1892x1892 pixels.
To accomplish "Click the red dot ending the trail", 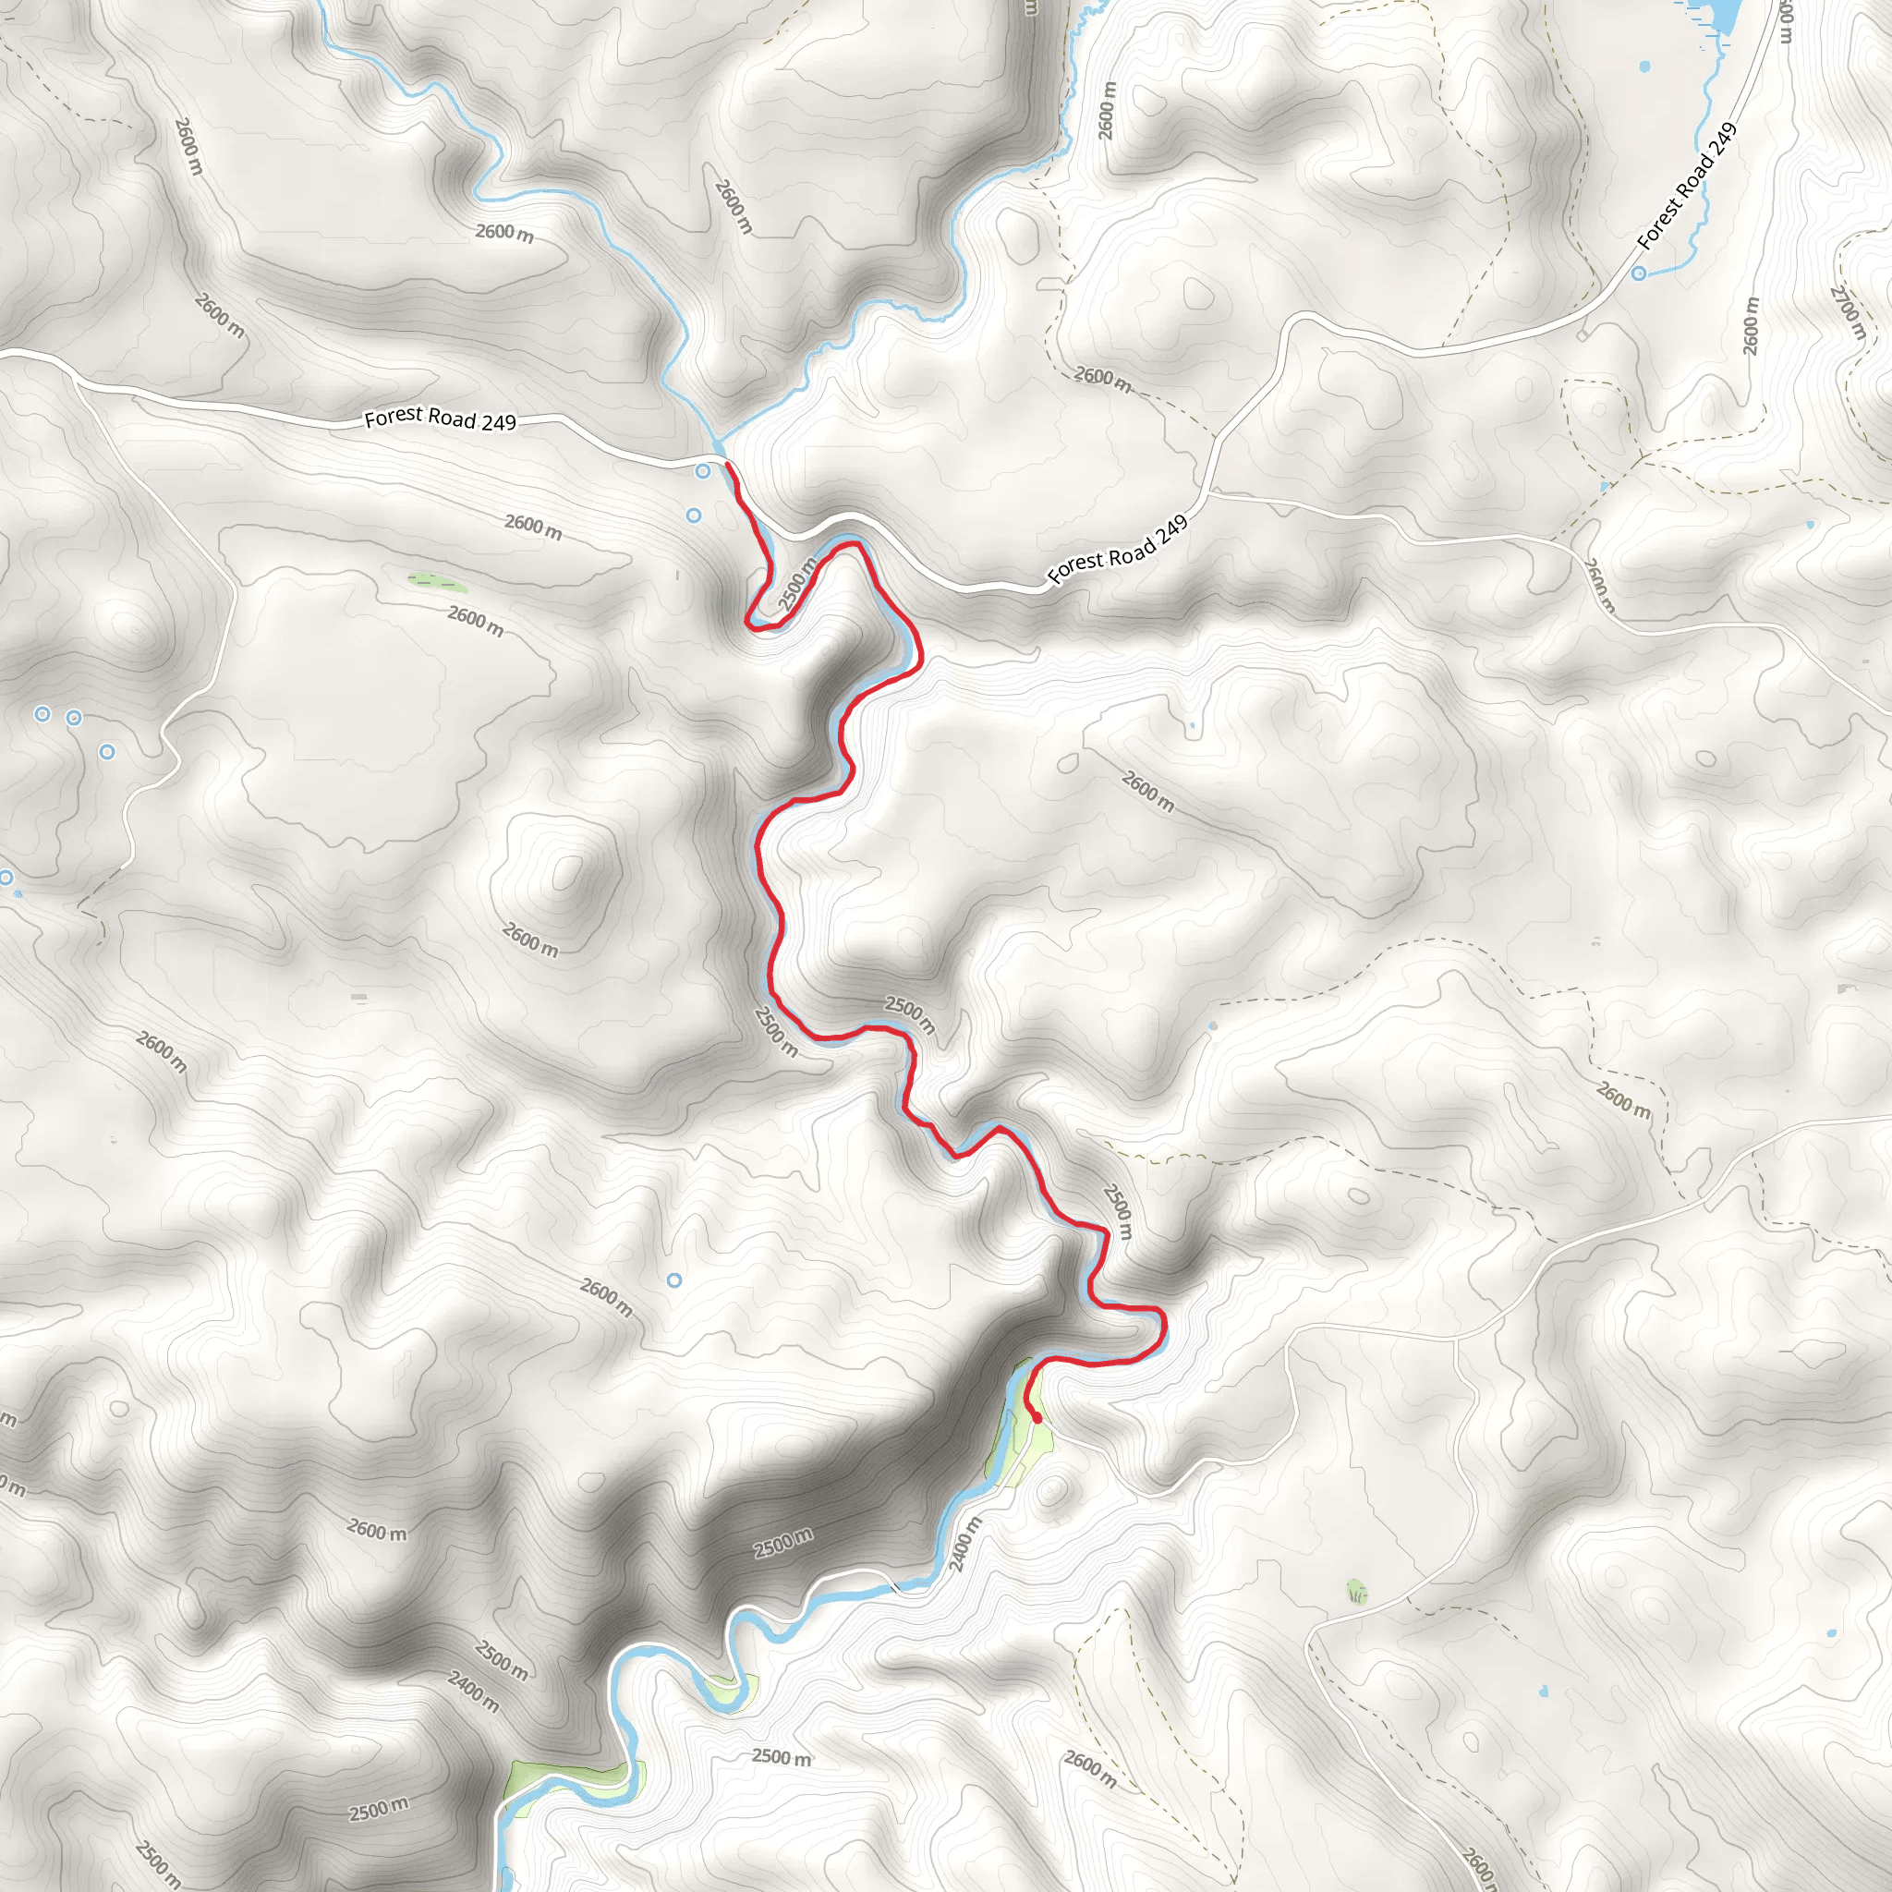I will click(1037, 1417).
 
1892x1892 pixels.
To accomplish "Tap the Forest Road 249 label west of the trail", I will click(440, 419).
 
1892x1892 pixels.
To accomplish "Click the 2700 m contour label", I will click(1848, 311).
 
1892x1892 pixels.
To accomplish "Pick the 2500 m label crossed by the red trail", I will click(797, 585).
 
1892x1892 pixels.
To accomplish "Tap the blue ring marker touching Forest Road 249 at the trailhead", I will click(702, 472).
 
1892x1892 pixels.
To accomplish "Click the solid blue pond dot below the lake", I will click(1644, 67).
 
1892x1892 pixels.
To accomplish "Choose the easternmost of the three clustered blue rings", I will click(107, 752).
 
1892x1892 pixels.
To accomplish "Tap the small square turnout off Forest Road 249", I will click(1583, 335).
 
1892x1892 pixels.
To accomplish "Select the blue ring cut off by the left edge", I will click(5, 878).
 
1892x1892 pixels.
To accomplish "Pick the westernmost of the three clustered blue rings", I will click(42, 714).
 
